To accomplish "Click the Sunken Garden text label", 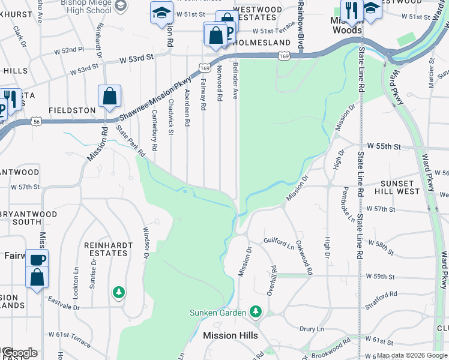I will point(217,313).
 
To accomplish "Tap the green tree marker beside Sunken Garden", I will point(256,311).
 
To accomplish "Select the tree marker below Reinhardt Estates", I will point(119,292).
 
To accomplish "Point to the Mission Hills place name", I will point(230,335).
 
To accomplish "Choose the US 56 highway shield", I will point(38,121).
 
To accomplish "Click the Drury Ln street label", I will point(312,329).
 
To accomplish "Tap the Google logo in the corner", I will point(19,352).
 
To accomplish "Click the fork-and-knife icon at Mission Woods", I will point(349,10).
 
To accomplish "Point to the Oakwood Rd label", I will point(305,262).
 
